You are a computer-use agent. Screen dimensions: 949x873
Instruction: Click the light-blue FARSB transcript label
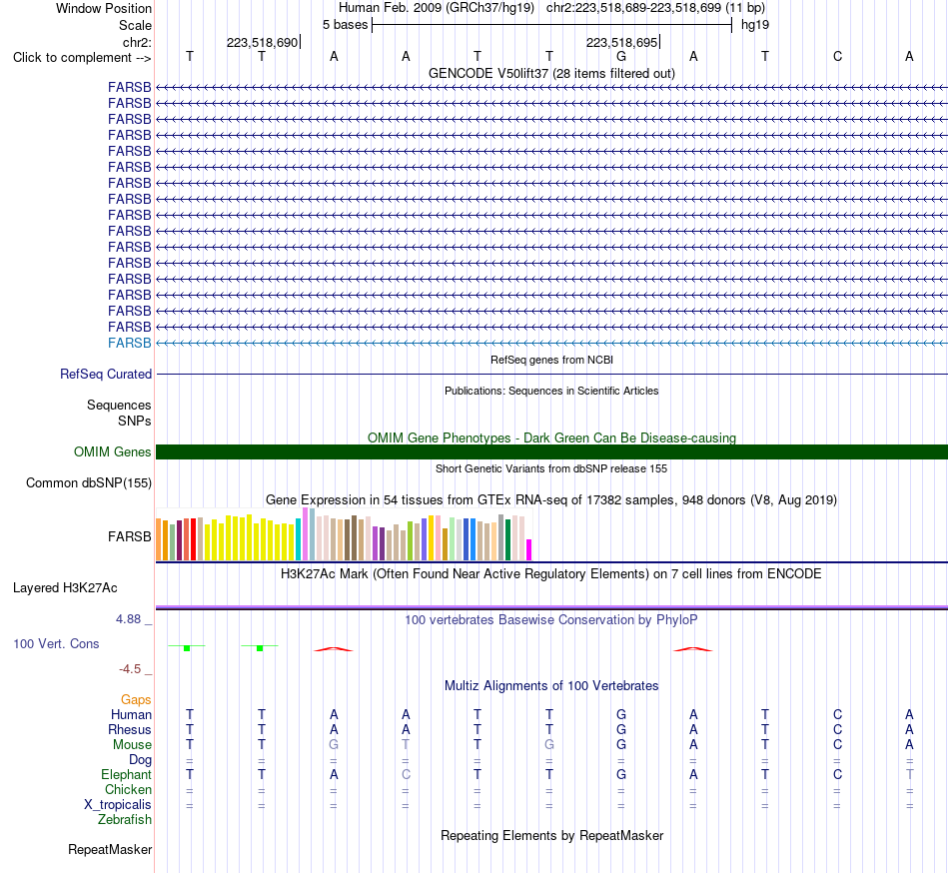point(130,343)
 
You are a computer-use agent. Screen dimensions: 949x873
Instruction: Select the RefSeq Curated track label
point(106,374)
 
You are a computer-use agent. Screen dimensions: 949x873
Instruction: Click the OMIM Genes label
point(113,451)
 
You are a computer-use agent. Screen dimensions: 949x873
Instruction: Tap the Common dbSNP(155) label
point(89,482)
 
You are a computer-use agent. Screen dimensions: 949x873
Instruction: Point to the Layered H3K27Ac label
point(65,588)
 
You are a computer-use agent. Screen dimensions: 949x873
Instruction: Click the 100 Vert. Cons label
point(56,643)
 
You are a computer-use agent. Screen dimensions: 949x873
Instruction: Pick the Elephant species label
point(127,774)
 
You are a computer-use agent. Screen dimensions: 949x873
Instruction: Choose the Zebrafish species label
point(125,819)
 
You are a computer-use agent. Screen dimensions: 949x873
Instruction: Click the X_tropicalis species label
point(118,805)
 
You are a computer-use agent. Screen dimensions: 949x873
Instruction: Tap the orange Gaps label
point(136,700)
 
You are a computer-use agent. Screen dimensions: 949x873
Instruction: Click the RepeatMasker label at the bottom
point(110,849)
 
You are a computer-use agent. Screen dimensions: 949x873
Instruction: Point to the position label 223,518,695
point(621,42)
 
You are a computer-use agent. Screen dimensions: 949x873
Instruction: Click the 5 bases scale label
point(345,25)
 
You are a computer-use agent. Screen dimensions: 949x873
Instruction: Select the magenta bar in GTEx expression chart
point(529,550)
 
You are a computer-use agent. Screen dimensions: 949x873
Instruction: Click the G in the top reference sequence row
point(621,56)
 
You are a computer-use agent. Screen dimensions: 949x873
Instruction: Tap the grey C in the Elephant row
point(406,774)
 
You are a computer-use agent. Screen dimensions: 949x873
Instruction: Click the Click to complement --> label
point(82,58)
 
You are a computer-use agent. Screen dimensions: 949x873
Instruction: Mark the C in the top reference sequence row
point(838,56)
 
